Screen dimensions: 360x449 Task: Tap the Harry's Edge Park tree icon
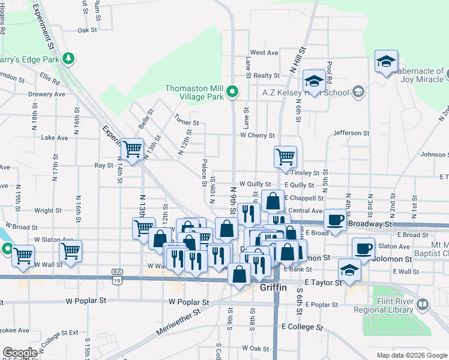click(x=69, y=58)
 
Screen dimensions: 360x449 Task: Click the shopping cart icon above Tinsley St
click(x=285, y=157)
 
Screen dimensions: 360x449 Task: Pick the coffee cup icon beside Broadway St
click(x=335, y=219)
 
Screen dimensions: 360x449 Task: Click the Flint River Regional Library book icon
click(x=423, y=305)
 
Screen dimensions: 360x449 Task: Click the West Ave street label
click(x=264, y=53)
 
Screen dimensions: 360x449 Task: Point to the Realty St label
click(x=267, y=76)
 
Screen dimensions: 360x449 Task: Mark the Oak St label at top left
click(x=87, y=30)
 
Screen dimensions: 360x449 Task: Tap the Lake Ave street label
click(x=54, y=137)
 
